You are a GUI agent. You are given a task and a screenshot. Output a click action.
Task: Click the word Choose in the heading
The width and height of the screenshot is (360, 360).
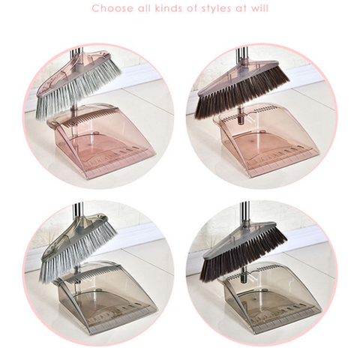pyautogui.click(x=112, y=8)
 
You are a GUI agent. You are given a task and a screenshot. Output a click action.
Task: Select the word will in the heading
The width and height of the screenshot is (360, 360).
pyautogui.click(x=259, y=8)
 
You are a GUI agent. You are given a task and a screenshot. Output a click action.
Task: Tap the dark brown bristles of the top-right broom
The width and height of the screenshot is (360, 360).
pyautogui.click(x=240, y=96)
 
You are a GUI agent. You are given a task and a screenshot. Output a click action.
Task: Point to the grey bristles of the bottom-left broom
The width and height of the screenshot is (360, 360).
pyautogui.click(x=75, y=253)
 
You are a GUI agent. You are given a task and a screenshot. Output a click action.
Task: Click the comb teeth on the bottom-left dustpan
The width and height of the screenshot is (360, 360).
pyautogui.click(x=92, y=274)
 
